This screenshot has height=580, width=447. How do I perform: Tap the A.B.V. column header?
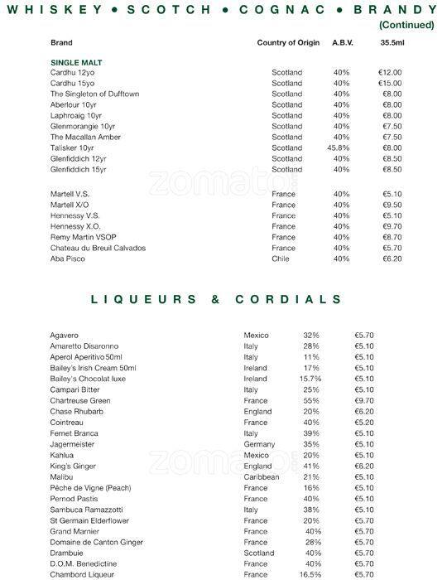coord(342,42)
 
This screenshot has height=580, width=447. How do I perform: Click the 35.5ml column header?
coord(391,42)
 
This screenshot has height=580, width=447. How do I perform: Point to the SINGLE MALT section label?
coord(76,62)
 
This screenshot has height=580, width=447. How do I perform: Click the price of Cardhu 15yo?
coord(391,84)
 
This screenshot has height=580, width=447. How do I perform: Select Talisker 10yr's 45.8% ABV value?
coord(339,148)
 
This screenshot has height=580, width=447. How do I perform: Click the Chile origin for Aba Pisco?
coord(281,259)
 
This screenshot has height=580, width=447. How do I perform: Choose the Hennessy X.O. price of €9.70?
coord(392,226)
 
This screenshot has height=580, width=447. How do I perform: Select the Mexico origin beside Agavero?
coord(257,336)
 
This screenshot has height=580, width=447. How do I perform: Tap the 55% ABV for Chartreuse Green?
coord(311,400)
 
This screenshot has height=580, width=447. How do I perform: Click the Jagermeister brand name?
coord(74,444)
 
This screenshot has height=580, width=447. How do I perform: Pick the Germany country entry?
coord(259,444)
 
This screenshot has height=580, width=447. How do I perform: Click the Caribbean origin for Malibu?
coord(262,477)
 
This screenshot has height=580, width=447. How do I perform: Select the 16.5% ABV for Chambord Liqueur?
coord(310,574)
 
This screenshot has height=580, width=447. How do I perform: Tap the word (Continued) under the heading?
coord(406,25)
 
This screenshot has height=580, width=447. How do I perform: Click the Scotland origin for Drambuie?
coord(259,553)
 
